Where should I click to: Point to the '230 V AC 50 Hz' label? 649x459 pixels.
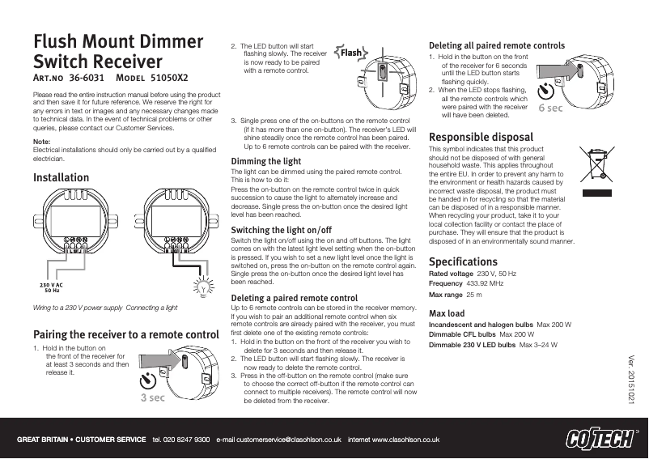click(53, 287)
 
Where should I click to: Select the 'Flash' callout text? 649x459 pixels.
click(351, 53)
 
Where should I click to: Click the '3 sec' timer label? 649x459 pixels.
click(154, 397)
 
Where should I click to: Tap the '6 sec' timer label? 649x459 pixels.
click(550, 107)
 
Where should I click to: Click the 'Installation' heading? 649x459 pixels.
click(61, 177)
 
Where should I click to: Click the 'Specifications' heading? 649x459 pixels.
click(463, 262)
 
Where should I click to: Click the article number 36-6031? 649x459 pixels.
click(87, 79)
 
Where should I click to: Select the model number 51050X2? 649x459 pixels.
click(170, 79)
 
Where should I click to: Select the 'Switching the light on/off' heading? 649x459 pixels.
click(281, 231)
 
